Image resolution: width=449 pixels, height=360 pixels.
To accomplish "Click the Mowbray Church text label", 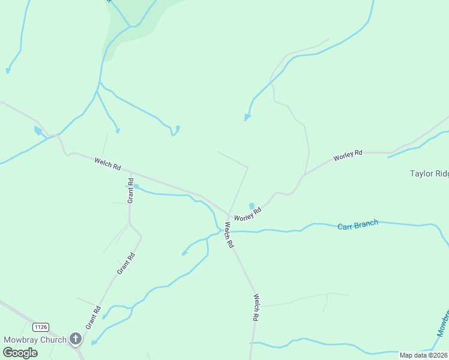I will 35,340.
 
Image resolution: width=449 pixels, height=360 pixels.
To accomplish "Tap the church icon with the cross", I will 76,339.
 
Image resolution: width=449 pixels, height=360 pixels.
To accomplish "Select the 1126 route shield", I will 41,327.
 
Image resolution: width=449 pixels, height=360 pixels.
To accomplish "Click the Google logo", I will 20,353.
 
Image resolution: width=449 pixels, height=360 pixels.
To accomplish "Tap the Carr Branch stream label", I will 358,225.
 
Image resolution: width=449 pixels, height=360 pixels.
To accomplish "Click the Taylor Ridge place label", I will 429,174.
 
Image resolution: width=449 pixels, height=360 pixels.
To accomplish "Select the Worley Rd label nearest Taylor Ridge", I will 348,155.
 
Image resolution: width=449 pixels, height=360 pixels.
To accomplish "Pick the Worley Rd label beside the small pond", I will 247,214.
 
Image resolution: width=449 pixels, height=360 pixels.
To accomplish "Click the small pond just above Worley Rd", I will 252,206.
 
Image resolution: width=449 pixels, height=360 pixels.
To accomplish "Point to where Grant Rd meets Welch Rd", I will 130,173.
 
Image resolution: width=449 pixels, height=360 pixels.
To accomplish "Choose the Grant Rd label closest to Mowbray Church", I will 93,317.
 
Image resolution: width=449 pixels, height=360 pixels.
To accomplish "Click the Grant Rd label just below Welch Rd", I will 130,190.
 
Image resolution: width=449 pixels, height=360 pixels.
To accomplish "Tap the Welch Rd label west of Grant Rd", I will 107,163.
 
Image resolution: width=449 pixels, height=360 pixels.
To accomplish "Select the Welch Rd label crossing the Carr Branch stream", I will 229,235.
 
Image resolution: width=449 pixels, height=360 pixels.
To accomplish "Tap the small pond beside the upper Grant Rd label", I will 136,187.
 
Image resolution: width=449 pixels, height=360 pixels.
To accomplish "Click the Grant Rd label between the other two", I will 127,263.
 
